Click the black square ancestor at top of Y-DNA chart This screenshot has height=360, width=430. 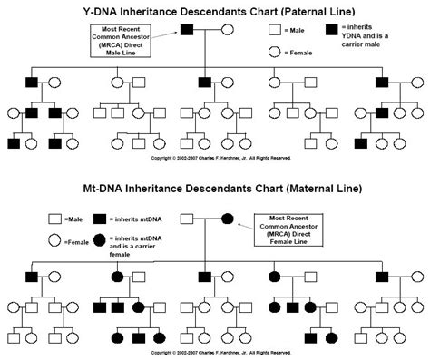[x=187, y=31]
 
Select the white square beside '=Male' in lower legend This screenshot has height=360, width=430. [x=54, y=219]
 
